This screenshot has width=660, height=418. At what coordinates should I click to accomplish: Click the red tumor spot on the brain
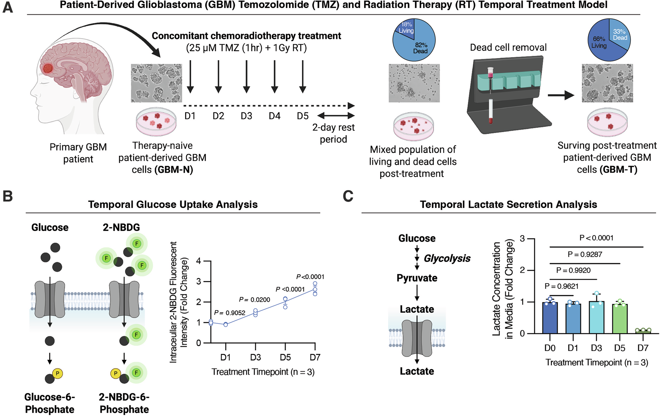[48, 68]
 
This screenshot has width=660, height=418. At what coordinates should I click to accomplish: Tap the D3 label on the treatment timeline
[246, 116]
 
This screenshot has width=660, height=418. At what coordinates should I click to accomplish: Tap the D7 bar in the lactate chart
[643, 331]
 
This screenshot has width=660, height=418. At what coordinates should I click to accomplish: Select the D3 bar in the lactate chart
[596, 317]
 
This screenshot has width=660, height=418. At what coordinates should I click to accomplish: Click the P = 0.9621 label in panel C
[562, 287]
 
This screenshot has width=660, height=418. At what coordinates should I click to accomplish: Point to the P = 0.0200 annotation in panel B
[254, 300]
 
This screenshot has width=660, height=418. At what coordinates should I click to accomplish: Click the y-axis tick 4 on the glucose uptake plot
[198, 261]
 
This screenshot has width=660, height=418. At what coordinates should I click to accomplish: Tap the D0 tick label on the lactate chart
[550, 348]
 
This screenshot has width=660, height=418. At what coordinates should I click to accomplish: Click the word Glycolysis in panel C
[447, 259]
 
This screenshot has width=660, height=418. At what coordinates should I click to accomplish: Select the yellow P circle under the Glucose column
[58, 373]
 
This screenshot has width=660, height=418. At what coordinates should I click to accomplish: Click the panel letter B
[8, 196]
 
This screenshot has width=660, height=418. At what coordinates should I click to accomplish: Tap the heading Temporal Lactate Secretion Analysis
[508, 204]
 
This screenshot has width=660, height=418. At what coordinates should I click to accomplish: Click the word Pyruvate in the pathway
[417, 278]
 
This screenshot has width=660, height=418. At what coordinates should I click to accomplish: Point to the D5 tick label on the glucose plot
[285, 357]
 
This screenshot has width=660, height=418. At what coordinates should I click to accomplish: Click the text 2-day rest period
[333, 133]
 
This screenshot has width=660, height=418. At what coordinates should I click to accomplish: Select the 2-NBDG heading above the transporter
[121, 227]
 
